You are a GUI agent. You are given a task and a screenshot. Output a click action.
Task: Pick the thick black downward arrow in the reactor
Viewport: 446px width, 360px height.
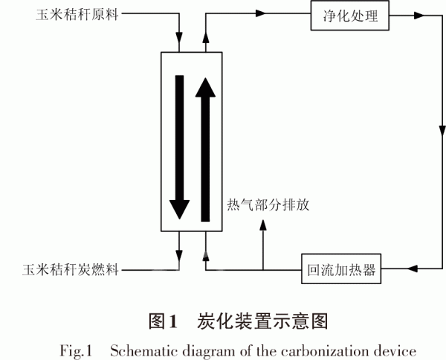[178, 146]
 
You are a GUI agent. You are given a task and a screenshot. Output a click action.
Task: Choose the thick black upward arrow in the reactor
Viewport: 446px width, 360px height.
[205, 149]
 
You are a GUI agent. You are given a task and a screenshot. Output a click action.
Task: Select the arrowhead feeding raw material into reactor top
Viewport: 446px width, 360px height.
[178, 37]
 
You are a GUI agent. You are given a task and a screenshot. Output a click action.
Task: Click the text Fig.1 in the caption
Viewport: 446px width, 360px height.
[74, 349]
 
